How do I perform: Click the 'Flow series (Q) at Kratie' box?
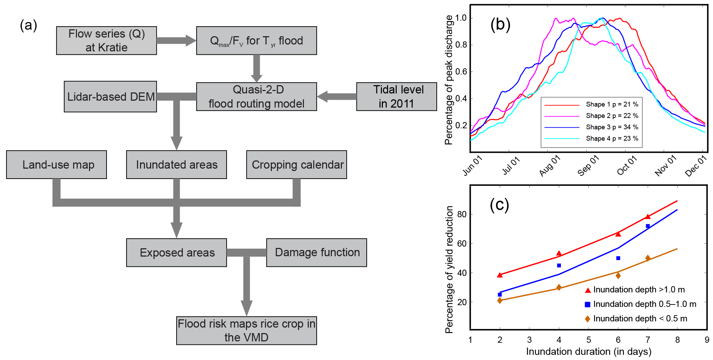(x=106, y=41)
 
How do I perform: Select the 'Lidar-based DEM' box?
(x=110, y=97)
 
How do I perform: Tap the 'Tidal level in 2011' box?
(x=396, y=97)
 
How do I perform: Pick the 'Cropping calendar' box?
(x=297, y=164)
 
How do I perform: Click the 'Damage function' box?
(x=317, y=252)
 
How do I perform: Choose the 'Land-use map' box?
(x=57, y=164)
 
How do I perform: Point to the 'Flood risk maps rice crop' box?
(x=246, y=330)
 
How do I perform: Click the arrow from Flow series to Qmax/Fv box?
(x=176, y=40)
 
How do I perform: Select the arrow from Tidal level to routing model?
(x=336, y=97)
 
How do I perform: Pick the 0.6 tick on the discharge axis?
(x=461, y=72)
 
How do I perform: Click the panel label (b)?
(x=500, y=25)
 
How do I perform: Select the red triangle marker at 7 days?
(x=648, y=217)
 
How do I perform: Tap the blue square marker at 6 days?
(x=618, y=258)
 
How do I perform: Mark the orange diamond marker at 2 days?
(x=500, y=300)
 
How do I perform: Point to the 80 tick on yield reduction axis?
(x=462, y=214)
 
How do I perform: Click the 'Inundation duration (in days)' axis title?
(x=588, y=352)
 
